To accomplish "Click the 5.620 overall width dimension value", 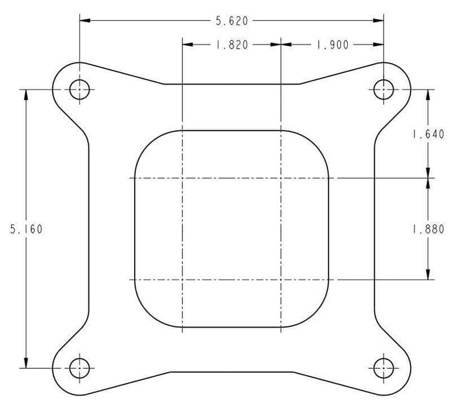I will pos(232,21).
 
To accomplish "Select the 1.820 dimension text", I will pos(232,45).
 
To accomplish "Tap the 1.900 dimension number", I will pos(332,45).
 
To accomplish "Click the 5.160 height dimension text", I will pos(26,229).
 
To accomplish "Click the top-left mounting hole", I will pos(80,89).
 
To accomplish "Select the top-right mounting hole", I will pos(384,89).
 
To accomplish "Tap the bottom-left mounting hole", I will pos(80,368).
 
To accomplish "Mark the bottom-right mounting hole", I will pos(384,368).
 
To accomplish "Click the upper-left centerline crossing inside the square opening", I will pos(182,178).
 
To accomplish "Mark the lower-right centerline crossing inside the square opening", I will pos(282,280).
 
